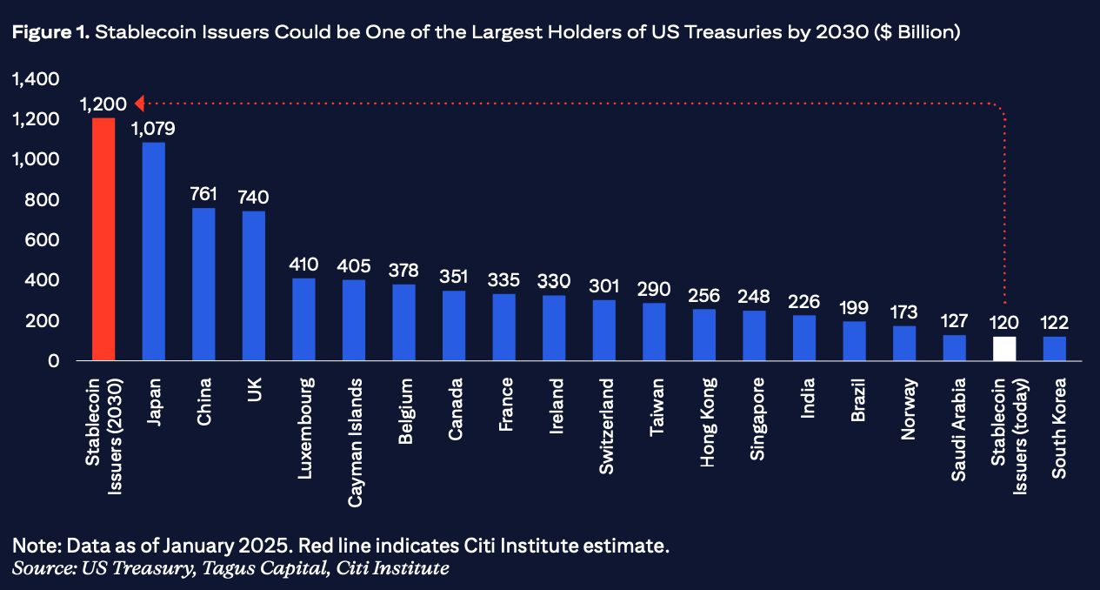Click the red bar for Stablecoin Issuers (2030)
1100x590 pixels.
point(103,239)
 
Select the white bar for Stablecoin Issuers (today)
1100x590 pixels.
point(1004,348)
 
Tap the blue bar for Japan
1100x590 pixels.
point(153,251)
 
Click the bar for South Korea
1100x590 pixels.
point(1055,348)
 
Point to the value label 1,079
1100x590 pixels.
point(153,129)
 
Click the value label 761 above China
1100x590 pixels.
point(203,193)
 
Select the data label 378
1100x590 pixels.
point(403,271)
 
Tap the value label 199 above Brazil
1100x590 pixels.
point(855,307)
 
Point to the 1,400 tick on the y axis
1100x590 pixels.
point(35,79)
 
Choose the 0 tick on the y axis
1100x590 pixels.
point(54,360)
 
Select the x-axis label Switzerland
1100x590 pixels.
point(604,426)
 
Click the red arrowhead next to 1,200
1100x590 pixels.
point(139,104)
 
